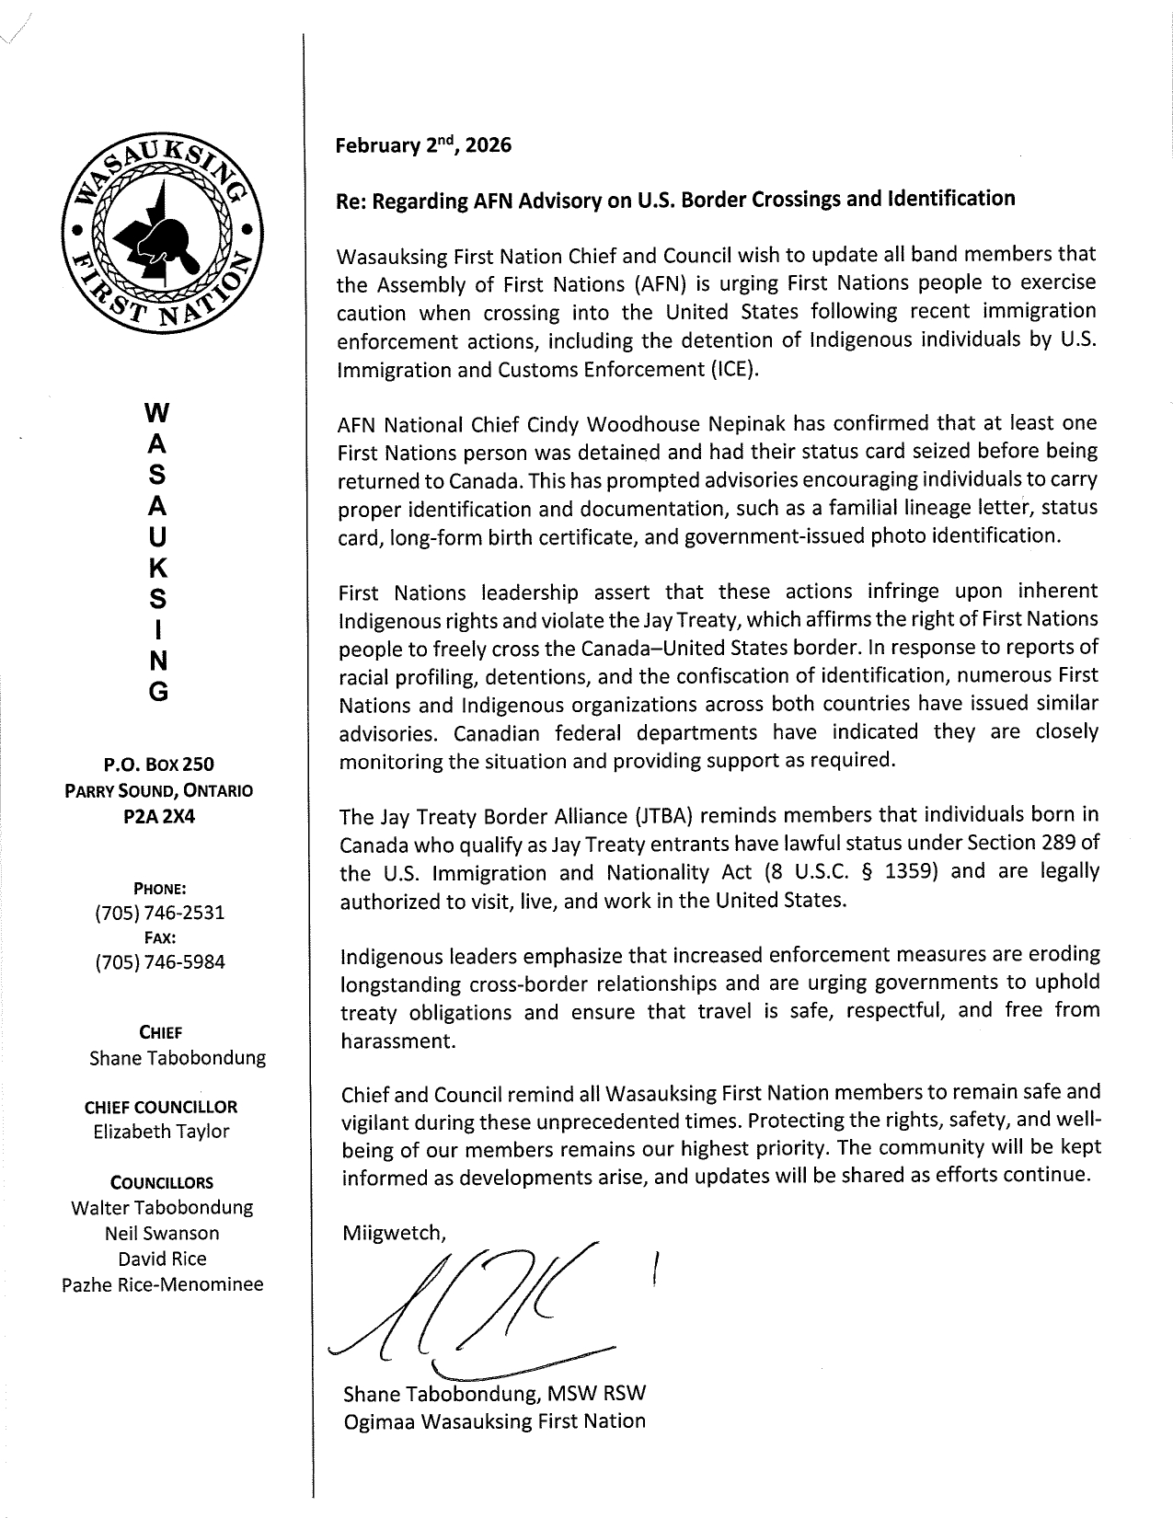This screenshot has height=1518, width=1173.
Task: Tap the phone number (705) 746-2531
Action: tap(159, 914)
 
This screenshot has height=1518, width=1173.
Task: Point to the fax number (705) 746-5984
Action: tap(159, 962)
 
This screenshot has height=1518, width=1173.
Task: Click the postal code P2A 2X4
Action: tap(158, 815)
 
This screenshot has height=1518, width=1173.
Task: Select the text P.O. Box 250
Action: tap(158, 765)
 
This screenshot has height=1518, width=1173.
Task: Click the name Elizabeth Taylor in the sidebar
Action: tap(161, 1133)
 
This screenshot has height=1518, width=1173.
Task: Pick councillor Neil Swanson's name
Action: tap(162, 1234)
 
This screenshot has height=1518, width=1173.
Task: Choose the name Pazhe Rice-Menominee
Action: tap(162, 1284)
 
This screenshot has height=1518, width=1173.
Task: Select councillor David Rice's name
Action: tap(162, 1259)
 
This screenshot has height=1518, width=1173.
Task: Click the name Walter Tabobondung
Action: tap(162, 1208)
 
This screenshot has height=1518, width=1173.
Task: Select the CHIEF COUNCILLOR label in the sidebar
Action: tap(161, 1108)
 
